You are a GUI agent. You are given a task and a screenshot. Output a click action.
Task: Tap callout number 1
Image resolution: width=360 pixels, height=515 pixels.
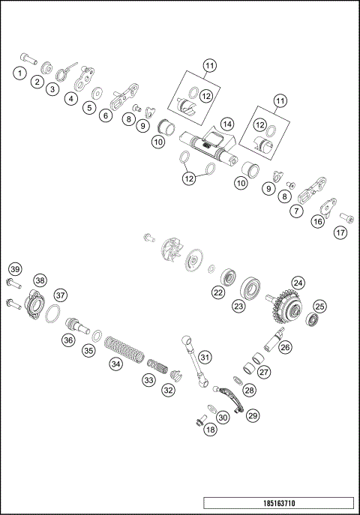point(18,73)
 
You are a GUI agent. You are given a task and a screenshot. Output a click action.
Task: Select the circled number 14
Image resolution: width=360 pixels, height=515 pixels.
point(226,124)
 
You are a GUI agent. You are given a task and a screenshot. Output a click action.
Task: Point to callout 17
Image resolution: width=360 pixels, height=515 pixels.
point(341,232)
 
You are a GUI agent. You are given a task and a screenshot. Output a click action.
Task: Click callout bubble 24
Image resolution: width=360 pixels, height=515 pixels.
point(298,283)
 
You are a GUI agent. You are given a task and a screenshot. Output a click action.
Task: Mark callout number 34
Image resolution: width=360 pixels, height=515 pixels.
point(115,364)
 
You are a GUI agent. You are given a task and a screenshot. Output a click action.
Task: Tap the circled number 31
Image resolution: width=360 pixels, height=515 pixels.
point(205,357)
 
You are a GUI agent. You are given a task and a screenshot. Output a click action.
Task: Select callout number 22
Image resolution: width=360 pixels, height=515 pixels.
point(217,294)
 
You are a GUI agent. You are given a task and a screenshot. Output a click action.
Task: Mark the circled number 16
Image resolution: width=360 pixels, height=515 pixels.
point(318,221)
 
